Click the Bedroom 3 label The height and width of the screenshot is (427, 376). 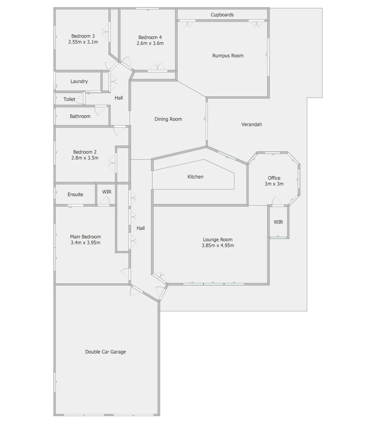[83, 36]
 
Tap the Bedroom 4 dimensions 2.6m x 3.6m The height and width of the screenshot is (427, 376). [150, 43]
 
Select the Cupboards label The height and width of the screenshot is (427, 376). [222, 15]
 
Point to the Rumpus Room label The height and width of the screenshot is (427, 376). [228, 56]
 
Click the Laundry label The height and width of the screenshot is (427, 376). [79, 81]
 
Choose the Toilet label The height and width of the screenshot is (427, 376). [69, 100]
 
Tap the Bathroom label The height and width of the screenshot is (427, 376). [80, 117]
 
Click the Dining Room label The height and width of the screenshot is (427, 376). [168, 119]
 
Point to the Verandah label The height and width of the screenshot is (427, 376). [252, 124]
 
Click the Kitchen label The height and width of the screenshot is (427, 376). [196, 177]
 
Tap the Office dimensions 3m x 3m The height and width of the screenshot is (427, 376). [274, 184]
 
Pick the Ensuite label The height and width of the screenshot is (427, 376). [75, 195]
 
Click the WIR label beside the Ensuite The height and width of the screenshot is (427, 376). [107, 192]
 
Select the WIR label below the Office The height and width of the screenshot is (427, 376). [278, 222]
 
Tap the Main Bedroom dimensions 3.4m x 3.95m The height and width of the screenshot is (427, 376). [86, 243]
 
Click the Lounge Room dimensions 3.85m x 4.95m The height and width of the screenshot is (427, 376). [218, 246]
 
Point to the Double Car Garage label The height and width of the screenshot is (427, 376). [105, 352]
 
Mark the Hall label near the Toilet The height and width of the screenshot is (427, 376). [119, 98]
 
